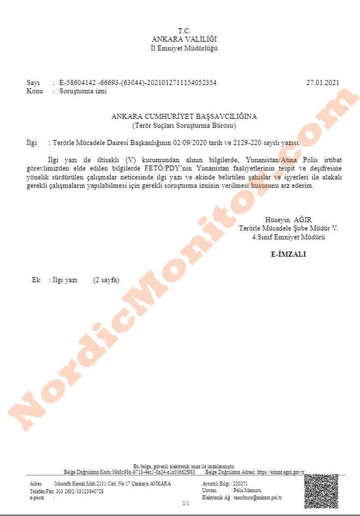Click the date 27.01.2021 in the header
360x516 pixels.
coord(322,83)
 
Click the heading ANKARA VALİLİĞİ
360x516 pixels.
coord(184,40)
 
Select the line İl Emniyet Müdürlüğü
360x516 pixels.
coord(184,48)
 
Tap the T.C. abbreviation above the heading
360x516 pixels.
coord(184,31)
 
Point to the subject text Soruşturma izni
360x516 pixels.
coord(80,91)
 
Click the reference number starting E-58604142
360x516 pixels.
coord(135,83)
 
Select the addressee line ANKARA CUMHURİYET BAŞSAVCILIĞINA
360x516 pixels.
coord(184,117)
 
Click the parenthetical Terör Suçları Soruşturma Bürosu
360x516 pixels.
coord(184,125)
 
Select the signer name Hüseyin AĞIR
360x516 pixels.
coord(288,220)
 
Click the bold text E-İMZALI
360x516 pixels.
coord(288,254)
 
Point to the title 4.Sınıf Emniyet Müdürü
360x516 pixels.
coord(288,237)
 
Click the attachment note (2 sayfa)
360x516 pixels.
coord(106,280)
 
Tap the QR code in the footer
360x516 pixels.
coord(321,491)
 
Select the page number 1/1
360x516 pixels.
coord(186,503)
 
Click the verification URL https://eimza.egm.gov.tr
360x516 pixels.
coord(280,472)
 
